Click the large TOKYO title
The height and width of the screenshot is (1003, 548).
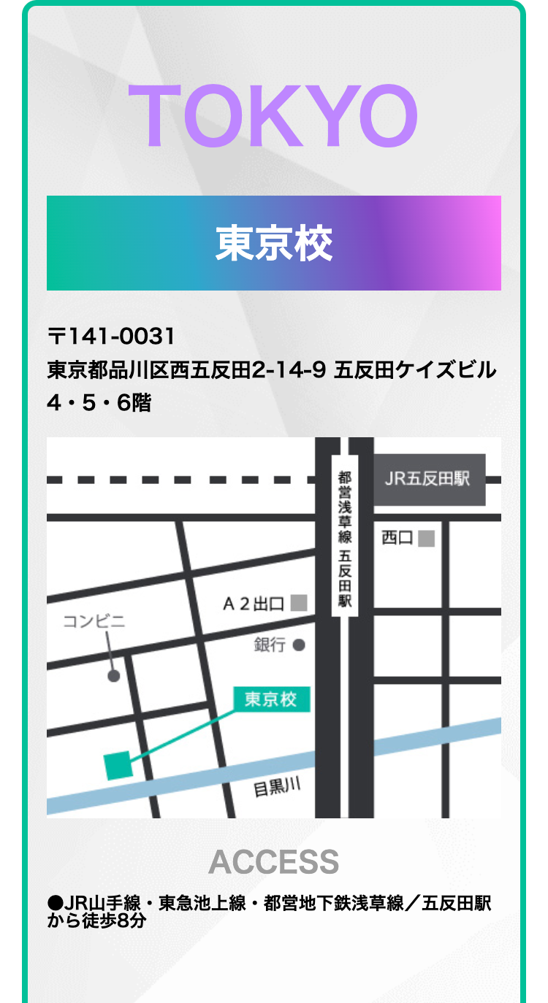(273, 115)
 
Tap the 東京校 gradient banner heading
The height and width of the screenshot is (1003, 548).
(273, 243)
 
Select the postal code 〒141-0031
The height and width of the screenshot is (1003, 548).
(111, 337)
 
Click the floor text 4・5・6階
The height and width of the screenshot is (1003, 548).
(99, 402)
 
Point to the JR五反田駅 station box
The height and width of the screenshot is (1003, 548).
(430, 480)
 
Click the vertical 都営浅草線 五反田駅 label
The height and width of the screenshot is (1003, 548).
(345, 539)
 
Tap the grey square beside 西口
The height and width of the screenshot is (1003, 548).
(427, 539)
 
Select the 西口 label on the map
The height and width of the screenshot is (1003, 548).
(397, 539)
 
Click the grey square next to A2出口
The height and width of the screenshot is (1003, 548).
(298, 603)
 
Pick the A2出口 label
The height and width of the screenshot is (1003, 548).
(253, 604)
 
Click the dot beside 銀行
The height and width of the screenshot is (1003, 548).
(298, 645)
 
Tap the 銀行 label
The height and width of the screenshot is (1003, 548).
(270, 645)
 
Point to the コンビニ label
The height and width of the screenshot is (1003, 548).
(94, 622)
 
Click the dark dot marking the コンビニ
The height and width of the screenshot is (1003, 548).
(113, 676)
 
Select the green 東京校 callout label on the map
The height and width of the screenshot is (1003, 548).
(271, 699)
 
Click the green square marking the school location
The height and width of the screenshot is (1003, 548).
(118, 765)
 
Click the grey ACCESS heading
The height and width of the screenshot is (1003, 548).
(273, 862)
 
